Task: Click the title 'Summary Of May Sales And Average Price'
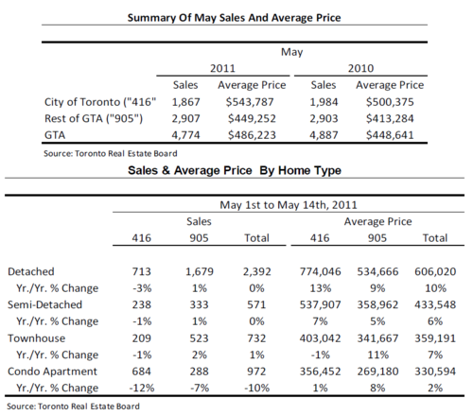[x=234, y=18]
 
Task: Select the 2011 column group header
[x=222, y=68]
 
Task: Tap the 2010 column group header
[x=360, y=68]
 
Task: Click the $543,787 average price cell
[x=250, y=102]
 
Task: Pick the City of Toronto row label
[x=100, y=102]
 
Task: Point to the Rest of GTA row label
[x=94, y=118]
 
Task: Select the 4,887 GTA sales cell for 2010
[x=324, y=135]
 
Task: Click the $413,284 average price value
[x=390, y=118]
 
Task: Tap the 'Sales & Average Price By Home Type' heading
[x=235, y=170]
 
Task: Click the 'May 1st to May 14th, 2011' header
[x=289, y=205]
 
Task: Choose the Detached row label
[x=31, y=271]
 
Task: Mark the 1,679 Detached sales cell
[x=200, y=271]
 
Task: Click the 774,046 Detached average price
[x=320, y=271]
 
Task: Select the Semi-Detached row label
[x=44, y=304]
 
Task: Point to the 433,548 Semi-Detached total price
[x=435, y=304]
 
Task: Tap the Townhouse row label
[x=37, y=338]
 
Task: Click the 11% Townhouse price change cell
[x=377, y=354]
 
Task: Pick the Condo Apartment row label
[x=52, y=372]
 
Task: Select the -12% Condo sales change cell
[x=142, y=388]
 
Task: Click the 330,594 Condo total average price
[x=435, y=372]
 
